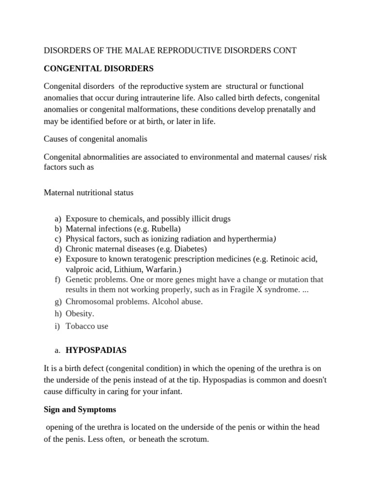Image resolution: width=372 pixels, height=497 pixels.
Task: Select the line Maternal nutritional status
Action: (x=89, y=193)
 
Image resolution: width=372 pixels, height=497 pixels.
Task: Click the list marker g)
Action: (x=58, y=301)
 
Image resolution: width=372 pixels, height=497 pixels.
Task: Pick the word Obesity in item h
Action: (x=80, y=314)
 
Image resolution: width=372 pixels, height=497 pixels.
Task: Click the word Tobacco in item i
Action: (x=80, y=326)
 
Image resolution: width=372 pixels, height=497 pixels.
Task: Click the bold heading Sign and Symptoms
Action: (x=80, y=410)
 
